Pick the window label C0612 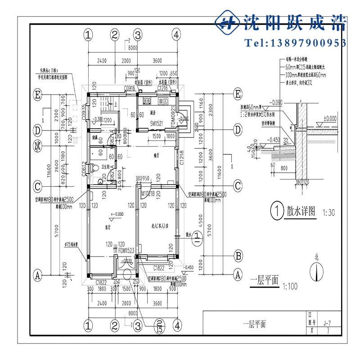[x=84, y=168]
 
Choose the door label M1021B [x=148, y=194]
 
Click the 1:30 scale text [x=329, y=212]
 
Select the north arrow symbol [x=319, y=270]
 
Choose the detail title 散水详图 [x=301, y=210]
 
